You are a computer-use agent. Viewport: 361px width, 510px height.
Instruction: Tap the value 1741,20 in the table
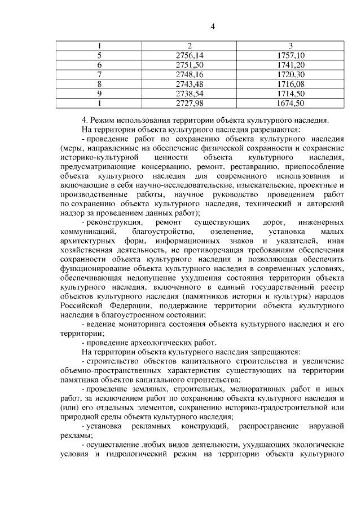coord(291,65)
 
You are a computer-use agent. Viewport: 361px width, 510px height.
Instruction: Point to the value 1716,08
coord(291,84)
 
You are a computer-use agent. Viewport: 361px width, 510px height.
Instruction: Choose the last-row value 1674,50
coord(291,103)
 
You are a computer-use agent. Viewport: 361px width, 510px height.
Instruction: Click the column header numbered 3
coord(290,46)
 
